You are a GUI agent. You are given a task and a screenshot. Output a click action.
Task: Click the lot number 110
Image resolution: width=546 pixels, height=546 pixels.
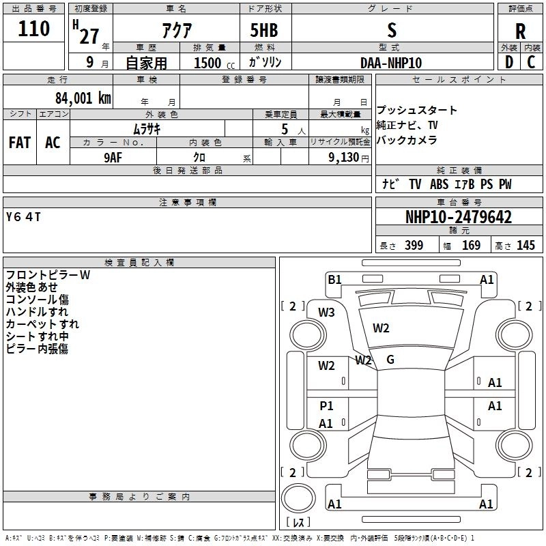(x=34, y=29)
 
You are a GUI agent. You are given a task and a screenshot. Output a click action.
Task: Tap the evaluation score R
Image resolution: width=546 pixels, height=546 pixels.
(x=520, y=31)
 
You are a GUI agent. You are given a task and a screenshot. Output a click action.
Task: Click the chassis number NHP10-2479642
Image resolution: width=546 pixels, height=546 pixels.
(x=458, y=218)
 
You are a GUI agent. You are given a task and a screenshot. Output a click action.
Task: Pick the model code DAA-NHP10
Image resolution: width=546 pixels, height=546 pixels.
(x=391, y=63)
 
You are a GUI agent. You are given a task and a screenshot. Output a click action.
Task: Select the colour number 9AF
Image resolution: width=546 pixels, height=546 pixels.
(x=114, y=157)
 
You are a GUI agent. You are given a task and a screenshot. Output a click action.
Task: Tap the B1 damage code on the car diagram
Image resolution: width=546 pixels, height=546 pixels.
(x=334, y=279)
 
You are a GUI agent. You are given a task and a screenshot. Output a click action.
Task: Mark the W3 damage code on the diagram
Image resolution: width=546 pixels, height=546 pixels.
(x=326, y=313)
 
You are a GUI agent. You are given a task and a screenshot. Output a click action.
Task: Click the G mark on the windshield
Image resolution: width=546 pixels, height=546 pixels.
(x=390, y=360)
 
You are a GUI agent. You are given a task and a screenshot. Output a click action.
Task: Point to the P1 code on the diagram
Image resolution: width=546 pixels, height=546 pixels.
(x=326, y=406)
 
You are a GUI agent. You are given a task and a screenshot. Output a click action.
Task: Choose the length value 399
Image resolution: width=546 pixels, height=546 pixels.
(x=414, y=246)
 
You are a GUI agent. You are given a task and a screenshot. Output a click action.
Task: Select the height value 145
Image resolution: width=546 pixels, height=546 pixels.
(x=526, y=246)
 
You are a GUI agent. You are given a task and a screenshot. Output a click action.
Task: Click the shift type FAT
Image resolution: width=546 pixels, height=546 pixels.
(x=19, y=143)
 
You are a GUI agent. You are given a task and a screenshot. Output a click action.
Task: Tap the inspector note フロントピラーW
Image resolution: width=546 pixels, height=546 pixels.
(x=48, y=275)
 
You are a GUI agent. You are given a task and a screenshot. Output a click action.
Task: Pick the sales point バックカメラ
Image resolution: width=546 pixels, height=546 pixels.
(x=407, y=141)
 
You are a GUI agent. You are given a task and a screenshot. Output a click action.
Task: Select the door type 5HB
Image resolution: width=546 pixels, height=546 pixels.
(x=264, y=31)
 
